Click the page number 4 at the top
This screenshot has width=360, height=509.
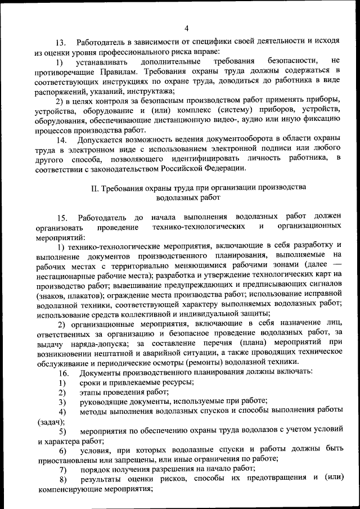pos(186,29)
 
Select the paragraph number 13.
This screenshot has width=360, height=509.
pos(61,42)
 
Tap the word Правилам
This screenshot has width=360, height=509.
pos(116,71)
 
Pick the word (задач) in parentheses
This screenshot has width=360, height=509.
pos(50,421)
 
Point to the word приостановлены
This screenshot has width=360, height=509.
pos(69,460)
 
